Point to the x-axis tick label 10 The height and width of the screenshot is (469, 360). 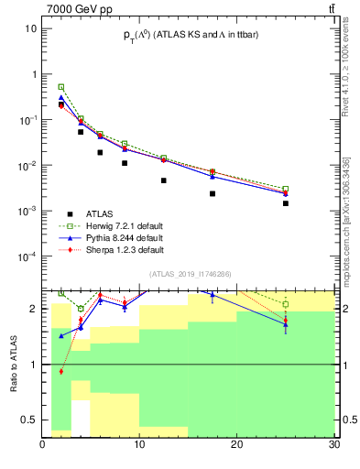point(139,446)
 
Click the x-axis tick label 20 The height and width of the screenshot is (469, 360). point(236,446)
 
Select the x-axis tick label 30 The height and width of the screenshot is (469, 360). point(333,446)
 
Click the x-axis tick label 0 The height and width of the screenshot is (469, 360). point(43,446)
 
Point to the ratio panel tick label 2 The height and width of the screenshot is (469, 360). point(35,309)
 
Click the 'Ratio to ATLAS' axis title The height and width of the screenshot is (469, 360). point(14,364)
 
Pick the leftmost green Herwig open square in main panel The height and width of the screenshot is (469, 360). point(61,87)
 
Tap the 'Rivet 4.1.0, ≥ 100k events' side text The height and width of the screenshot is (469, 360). point(345,73)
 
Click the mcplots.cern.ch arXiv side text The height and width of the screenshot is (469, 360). point(345,207)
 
